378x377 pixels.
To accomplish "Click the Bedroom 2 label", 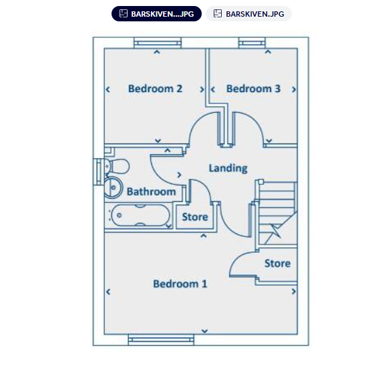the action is click(x=155, y=89).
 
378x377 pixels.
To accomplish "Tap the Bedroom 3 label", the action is click(x=253, y=89).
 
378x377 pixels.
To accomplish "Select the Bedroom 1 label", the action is click(x=180, y=284).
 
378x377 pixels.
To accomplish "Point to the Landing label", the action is click(x=228, y=168).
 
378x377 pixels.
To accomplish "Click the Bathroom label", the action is click(x=151, y=192).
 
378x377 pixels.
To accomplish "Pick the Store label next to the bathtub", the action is click(x=195, y=217).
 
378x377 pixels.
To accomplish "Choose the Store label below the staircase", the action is click(x=277, y=264).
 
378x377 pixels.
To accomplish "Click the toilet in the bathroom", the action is click(x=117, y=166).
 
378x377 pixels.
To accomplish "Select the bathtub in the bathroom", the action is click(x=140, y=216).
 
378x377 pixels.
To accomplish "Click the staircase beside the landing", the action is click(x=278, y=214).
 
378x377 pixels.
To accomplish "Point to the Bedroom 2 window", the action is click(x=158, y=43).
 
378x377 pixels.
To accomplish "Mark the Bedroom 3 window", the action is click(x=252, y=43).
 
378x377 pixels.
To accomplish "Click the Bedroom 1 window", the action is click(x=161, y=340).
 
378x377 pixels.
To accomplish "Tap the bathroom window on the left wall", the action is click(x=99, y=171).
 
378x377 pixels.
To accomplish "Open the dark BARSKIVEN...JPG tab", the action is click(x=156, y=14).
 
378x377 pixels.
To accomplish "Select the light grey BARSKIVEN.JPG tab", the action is click(x=248, y=14).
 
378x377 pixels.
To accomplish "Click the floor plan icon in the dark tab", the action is click(x=124, y=13).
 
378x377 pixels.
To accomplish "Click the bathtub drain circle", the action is click(x=119, y=216).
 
